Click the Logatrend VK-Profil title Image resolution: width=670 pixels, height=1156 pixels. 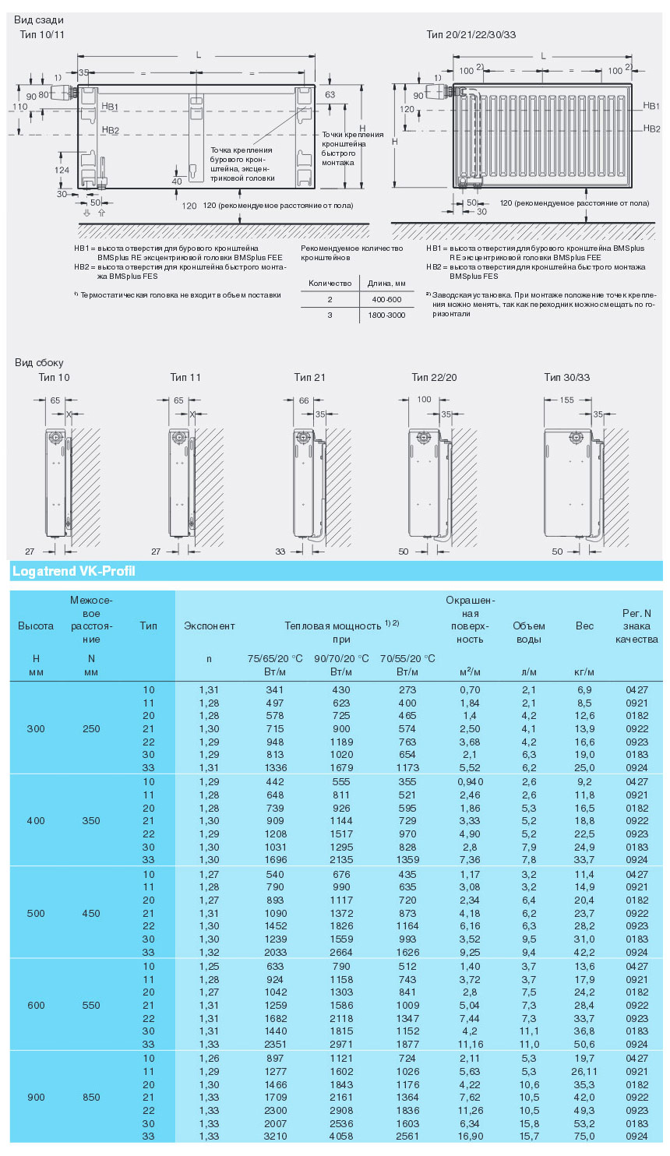click(74, 571)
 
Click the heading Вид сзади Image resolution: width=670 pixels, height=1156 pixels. click(39, 19)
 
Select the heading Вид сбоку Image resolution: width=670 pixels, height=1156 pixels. click(39, 362)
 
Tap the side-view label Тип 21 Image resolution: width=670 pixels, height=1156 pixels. click(309, 377)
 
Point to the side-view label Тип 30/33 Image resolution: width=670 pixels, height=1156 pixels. click(566, 377)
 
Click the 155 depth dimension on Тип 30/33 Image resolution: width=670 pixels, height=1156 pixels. click(566, 400)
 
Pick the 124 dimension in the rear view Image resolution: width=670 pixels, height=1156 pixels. click(62, 170)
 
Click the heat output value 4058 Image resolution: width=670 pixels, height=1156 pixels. click(341, 1137)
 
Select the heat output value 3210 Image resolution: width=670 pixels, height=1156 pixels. click(275, 1137)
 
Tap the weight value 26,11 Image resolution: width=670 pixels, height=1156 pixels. click(584, 1071)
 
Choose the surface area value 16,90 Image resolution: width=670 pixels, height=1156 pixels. click(470, 1137)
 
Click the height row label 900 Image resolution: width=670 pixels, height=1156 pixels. click(36, 1097)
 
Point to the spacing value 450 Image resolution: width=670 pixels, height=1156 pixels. click(91, 913)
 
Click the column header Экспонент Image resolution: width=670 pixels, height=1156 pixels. click(209, 626)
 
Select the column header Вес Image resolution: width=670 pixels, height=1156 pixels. click(584, 626)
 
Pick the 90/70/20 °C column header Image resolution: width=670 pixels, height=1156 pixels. click(341, 658)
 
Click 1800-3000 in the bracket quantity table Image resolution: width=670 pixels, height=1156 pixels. click(386, 315)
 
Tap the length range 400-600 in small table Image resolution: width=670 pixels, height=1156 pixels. click(386, 299)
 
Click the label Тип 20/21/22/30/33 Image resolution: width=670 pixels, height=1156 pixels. click(471, 34)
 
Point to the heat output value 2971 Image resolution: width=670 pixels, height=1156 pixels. click(341, 1045)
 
